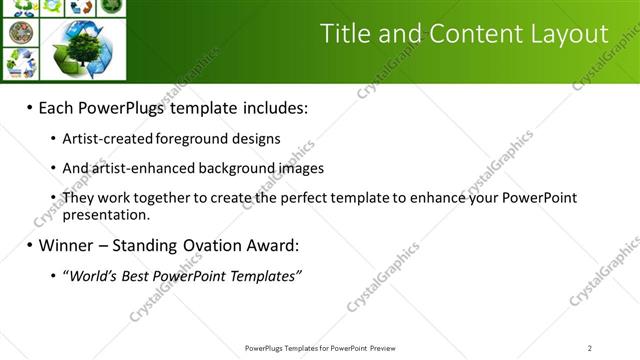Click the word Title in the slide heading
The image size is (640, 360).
point(344,34)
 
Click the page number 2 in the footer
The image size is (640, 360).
point(590,348)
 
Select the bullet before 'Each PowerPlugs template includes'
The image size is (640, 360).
point(30,108)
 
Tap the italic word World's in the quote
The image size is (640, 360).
point(90,275)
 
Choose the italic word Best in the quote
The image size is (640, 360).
point(136,275)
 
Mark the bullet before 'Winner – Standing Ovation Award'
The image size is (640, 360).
point(30,245)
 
